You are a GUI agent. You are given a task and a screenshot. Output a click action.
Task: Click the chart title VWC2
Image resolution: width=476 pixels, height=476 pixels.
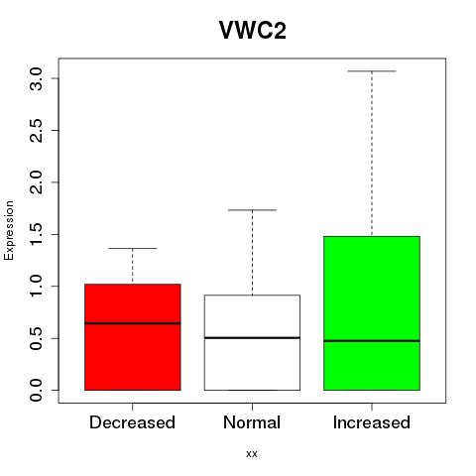pos(253,30)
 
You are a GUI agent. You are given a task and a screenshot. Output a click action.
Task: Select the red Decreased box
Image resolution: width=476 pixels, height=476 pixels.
pos(133,337)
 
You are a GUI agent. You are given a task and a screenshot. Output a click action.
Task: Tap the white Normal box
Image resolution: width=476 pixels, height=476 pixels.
pos(252,342)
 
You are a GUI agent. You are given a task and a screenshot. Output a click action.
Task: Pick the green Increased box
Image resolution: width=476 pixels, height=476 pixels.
pos(372,313)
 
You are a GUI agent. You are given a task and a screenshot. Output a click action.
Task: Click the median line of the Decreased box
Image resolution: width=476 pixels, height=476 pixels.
pos(133,323)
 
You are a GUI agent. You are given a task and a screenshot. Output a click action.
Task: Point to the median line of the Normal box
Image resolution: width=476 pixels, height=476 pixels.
pos(252,338)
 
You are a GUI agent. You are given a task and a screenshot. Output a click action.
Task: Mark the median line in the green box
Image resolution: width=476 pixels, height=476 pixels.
pos(372,341)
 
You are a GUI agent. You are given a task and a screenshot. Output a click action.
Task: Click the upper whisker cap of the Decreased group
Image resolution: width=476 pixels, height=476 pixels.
pos(133,248)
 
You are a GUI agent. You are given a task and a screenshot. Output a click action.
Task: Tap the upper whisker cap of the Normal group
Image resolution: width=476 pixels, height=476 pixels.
pos(252,210)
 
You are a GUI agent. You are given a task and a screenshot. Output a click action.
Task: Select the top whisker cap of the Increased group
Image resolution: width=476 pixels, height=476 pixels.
pos(372,71)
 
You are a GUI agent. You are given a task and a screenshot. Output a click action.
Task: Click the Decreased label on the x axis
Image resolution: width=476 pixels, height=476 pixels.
pos(132,422)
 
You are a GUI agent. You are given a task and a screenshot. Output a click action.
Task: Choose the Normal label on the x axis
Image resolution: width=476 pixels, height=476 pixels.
pos(252,422)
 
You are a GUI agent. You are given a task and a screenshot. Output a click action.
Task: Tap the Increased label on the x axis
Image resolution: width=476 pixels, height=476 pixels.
pos(372,422)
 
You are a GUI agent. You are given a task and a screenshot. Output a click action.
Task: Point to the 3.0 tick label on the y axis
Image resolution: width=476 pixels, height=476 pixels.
pos(36,78)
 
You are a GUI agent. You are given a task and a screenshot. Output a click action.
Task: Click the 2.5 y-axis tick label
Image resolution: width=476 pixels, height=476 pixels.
pos(36,131)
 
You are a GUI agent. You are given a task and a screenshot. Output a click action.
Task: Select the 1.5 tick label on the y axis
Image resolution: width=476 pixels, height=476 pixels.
pos(36,234)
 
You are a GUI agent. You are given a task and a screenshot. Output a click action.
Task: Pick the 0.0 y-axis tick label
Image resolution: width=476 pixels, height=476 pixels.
pos(36,391)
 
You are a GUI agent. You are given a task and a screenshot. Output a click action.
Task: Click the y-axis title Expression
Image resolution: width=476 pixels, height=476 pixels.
pos(9,230)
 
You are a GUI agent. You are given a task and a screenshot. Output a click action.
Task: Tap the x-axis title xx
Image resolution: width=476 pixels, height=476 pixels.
pos(252,454)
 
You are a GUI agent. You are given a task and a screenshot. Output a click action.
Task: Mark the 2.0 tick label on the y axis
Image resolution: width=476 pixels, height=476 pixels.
pos(36,182)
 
